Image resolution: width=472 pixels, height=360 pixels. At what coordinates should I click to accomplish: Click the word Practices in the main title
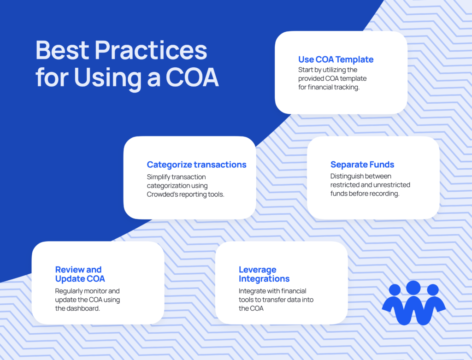(x=151, y=50)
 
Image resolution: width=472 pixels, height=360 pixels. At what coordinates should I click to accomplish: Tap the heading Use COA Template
(x=336, y=59)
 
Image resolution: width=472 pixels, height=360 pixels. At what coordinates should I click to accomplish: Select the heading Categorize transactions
(x=196, y=165)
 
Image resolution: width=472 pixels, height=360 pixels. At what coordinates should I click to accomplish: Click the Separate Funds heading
(x=362, y=165)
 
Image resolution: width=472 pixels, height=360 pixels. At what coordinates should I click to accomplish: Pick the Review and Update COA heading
(x=80, y=274)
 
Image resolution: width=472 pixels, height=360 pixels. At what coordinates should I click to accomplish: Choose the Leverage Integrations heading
(x=264, y=274)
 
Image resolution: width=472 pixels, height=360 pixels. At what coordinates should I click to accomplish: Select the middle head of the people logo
(x=413, y=288)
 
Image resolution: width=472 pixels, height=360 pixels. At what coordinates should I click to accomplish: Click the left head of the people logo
(x=395, y=289)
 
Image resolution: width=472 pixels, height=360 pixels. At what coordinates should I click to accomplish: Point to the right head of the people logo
(x=433, y=289)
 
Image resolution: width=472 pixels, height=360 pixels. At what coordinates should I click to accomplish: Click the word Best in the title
(x=62, y=50)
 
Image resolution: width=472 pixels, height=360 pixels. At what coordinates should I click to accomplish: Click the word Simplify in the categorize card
(x=159, y=177)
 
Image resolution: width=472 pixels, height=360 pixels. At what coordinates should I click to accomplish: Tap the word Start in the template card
(x=305, y=70)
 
